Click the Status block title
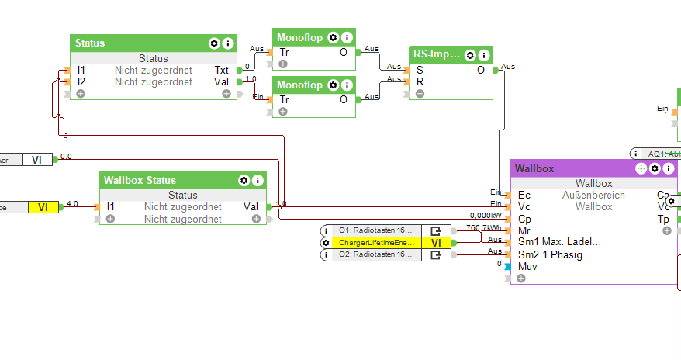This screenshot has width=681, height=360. coord(91,43)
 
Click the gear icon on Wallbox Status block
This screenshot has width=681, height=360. coord(244,180)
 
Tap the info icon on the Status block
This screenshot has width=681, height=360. coord(228,43)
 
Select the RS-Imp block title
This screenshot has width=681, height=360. coord(437,55)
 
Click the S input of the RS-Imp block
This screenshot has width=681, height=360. coord(420,70)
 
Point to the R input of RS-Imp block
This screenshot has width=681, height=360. coord(420,81)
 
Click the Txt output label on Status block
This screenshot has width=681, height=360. coord(222,70)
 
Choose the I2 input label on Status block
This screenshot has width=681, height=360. coord(81,81)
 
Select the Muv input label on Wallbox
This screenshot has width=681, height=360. coord(527,266)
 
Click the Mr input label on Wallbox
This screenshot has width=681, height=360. coord(524,230)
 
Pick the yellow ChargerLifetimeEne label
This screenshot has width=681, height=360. coord(375,243)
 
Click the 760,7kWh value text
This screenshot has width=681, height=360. coord(483,228)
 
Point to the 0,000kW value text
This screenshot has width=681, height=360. coord(486,216)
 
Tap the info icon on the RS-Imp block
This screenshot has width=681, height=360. coord(484,55)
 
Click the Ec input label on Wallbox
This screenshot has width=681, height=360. coord(524,196)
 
